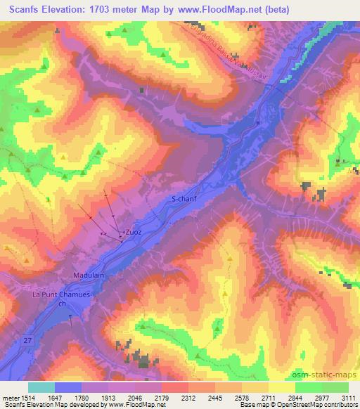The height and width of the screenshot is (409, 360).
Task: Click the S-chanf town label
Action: pos(184,200)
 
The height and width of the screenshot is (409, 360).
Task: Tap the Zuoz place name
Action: pos(132,231)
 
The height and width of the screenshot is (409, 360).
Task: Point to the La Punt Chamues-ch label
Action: pos(62,299)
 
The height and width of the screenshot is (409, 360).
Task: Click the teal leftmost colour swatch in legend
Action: pos(41,387)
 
